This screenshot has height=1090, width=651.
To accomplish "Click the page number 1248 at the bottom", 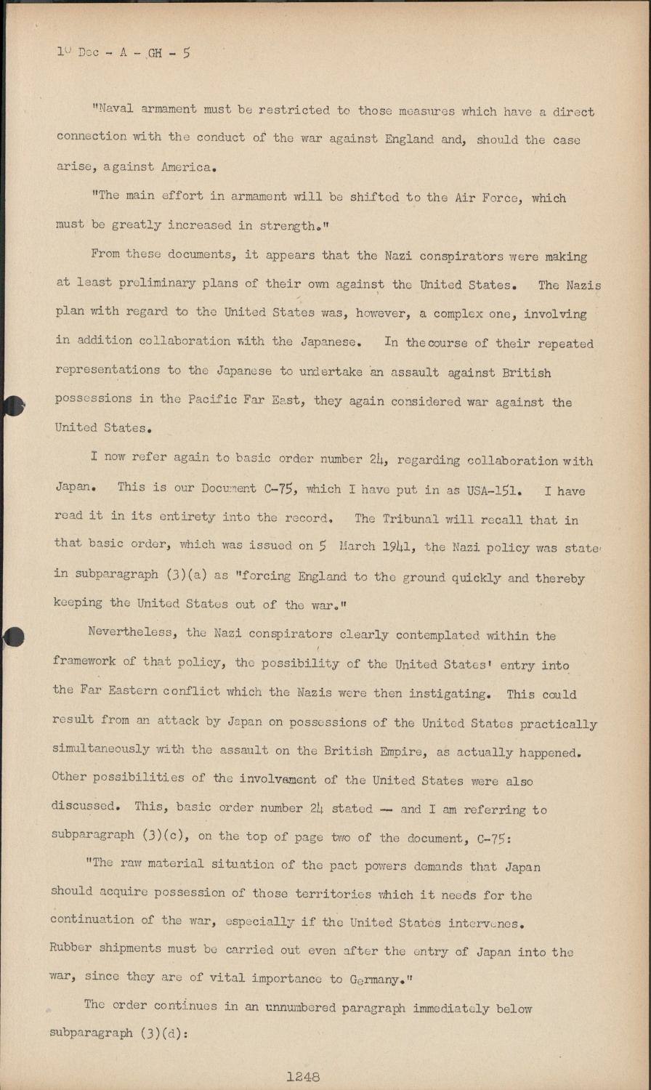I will click(x=303, y=1077).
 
